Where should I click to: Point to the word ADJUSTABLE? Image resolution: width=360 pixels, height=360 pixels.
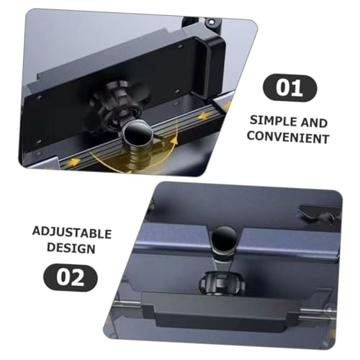pos(71,233)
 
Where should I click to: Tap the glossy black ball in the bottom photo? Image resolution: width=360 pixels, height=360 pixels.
pos(223,241)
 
